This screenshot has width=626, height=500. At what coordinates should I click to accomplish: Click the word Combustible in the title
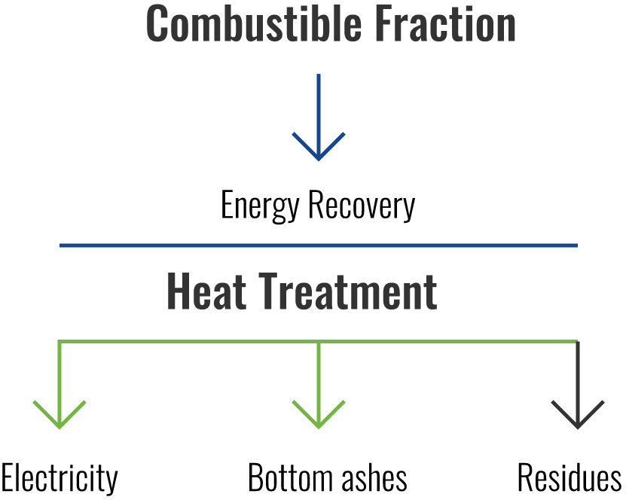coord(254,23)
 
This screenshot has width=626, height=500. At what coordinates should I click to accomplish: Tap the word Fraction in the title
coord(445,23)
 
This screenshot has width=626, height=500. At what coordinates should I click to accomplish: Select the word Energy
coord(260,206)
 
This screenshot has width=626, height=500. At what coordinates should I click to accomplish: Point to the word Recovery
coord(362,206)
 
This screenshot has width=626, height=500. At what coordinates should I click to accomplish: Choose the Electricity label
coord(59,478)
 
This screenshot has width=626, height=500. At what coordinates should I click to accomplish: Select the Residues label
coord(570,477)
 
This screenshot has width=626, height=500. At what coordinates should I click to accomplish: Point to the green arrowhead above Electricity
coord(60,415)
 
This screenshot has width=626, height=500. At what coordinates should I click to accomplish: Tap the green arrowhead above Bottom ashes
coord(319,415)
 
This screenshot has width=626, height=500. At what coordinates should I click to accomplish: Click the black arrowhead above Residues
coord(578,415)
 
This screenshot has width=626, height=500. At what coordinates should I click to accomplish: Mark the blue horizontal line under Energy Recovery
coord(319,245)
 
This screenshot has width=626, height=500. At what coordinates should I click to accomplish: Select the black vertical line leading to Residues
coord(578,384)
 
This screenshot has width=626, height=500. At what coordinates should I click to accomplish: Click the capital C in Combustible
coord(157,23)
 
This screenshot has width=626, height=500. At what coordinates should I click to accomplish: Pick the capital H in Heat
coord(177,291)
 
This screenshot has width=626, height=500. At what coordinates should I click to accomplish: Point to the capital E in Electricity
coord(8,477)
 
